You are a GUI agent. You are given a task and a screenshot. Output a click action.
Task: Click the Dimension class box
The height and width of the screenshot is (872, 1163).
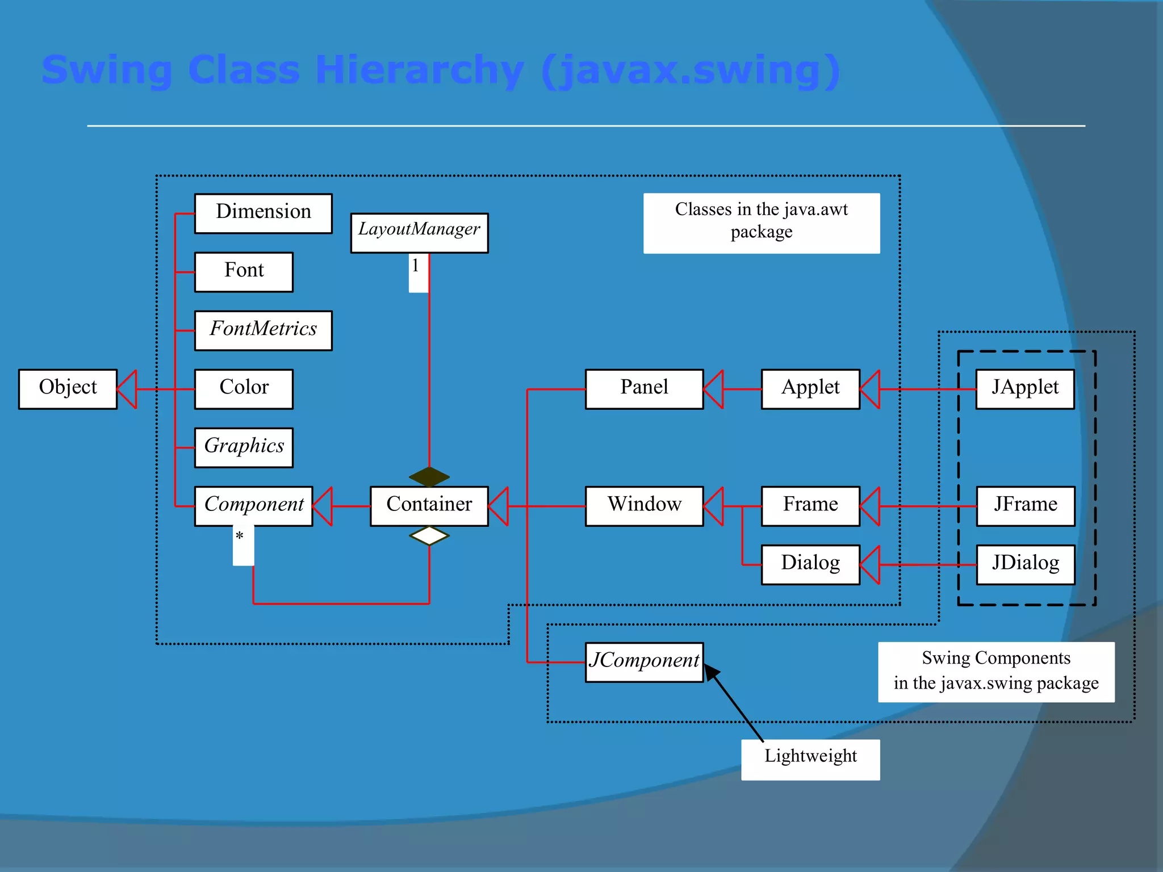263,213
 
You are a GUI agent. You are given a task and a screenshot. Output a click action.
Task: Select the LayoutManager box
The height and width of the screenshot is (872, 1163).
419,232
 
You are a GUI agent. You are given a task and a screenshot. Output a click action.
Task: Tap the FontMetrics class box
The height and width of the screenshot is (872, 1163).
263,330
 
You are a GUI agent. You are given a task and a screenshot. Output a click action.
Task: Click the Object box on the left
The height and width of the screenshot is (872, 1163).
68,389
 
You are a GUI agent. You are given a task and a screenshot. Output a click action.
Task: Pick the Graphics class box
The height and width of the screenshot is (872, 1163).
244,447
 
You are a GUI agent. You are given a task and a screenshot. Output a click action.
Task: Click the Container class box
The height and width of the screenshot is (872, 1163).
429,506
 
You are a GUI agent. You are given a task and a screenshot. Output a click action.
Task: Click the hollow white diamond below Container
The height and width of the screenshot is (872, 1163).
429,535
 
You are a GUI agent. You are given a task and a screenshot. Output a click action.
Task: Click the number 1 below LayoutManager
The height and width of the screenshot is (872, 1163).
416,266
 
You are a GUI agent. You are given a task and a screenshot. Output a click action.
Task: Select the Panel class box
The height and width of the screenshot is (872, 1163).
644,389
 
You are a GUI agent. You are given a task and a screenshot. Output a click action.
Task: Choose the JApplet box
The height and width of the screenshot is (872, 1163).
1025,389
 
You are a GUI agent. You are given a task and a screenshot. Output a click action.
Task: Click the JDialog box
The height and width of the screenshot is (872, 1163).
1026,564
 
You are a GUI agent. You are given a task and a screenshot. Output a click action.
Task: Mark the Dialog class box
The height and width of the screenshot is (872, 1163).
810,564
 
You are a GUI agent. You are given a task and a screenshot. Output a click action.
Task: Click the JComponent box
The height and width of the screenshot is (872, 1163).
644,662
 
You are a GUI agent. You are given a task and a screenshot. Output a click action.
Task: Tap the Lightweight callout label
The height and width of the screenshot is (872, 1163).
810,758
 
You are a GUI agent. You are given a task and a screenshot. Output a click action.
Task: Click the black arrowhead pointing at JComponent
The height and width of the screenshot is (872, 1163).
712,672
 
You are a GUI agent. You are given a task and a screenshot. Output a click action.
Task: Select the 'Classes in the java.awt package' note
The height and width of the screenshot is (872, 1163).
761,223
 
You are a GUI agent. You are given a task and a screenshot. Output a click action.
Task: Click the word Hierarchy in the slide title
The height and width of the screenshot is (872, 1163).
419,70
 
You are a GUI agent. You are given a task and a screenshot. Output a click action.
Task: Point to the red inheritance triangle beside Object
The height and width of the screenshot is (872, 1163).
128,389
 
